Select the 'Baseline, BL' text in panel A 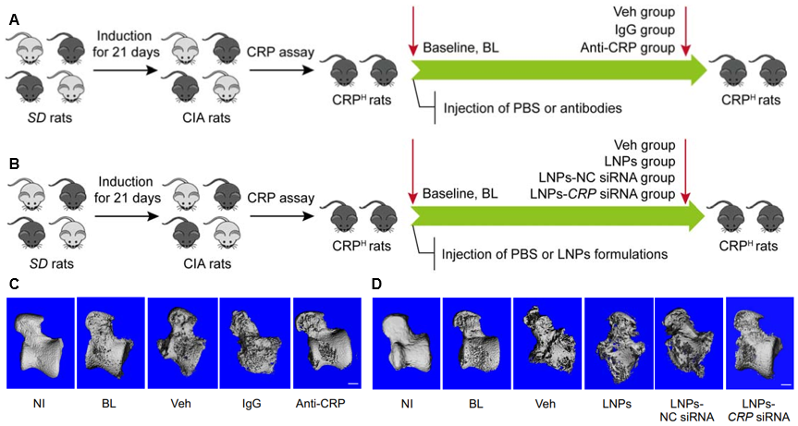coord(460,48)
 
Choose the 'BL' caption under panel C coord(110,404)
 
